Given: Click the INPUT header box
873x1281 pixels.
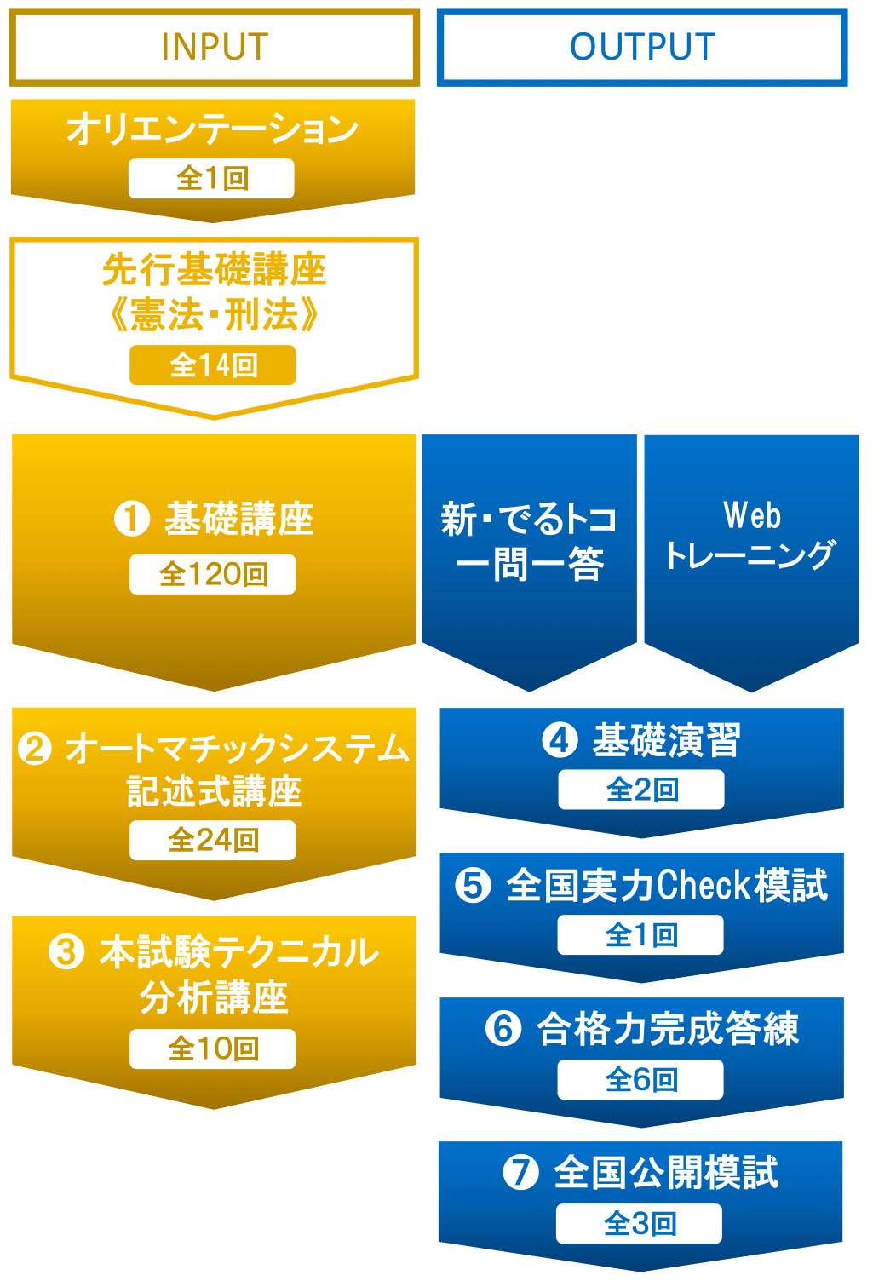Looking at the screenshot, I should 214,48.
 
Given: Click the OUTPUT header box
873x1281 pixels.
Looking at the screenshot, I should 642,48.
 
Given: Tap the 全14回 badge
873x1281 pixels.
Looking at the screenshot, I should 213,365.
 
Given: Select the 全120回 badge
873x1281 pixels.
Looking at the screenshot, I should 213,575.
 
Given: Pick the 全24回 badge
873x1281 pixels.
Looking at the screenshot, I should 213,841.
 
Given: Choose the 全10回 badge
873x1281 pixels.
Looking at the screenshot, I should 213,1049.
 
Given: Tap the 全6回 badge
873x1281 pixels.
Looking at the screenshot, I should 640,1080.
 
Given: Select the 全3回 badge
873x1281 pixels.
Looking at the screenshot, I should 640,1224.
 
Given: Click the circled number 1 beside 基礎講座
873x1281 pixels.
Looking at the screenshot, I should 132,519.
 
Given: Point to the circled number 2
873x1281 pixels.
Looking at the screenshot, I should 35,749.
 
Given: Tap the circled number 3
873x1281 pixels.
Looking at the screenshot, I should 66,952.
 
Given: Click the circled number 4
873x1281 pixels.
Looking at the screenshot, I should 560,740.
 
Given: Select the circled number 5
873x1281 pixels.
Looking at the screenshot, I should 473,885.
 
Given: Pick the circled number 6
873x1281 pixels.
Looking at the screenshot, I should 503,1029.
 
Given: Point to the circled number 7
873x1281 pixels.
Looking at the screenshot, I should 520,1173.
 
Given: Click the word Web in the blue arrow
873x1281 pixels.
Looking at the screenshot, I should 752,515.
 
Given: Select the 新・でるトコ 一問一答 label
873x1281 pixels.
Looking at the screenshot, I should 529,542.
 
